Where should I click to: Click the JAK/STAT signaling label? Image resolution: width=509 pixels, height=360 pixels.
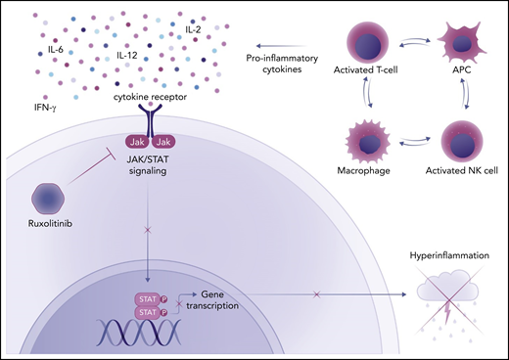[x=152, y=168]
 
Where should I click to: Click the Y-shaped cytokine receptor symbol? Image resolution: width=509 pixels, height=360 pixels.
[x=152, y=122]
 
